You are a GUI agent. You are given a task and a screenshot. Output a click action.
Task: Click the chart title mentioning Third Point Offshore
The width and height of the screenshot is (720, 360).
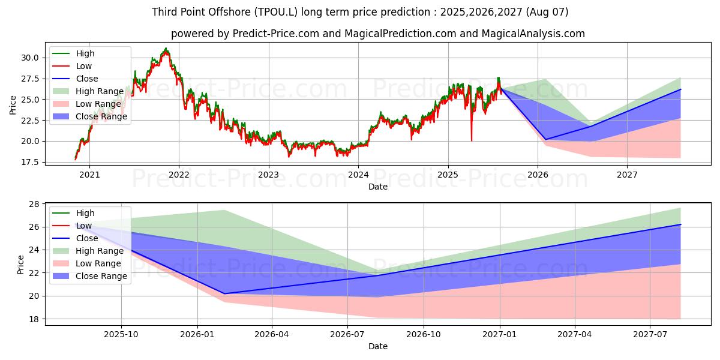point(360,12)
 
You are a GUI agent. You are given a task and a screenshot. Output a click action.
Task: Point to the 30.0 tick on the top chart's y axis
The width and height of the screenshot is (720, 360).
point(29,58)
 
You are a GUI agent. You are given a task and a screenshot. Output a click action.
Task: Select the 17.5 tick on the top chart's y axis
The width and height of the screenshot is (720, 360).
point(29,162)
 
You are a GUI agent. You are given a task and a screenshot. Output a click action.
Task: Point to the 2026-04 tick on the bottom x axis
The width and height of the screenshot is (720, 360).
point(272,335)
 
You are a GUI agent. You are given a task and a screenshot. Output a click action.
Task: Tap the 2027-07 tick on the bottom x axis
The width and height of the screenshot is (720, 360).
point(651,335)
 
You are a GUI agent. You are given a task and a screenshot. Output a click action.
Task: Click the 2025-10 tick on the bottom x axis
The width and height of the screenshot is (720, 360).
point(121,335)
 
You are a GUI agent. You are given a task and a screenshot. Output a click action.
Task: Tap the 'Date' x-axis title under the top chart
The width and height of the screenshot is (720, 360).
point(378,187)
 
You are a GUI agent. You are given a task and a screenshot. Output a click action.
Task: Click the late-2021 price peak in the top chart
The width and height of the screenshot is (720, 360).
point(166,49)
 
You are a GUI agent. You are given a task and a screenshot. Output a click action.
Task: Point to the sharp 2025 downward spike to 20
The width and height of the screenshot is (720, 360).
point(471,140)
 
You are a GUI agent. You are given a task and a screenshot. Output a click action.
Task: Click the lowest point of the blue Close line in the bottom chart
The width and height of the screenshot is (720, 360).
point(224,293)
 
